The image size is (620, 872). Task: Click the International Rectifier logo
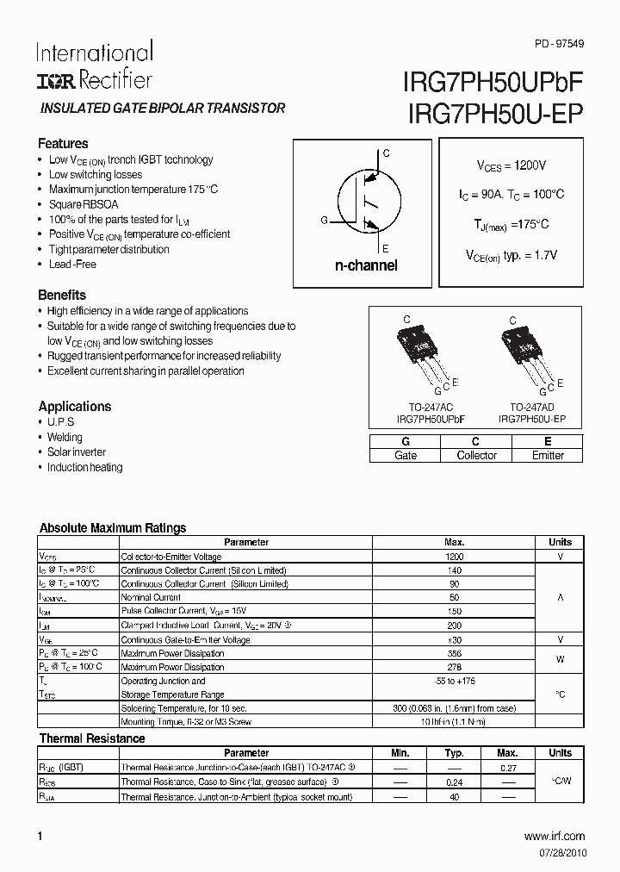point(94,65)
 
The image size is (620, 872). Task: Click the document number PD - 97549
point(558,43)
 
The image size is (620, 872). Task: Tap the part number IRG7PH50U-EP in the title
point(493,114)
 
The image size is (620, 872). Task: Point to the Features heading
point(63,144)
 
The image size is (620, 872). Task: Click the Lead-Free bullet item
point(72,265)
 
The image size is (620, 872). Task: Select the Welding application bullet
point(65,437)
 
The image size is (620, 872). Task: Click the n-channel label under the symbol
point(366,265)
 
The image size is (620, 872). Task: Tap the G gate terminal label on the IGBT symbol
point(324,221)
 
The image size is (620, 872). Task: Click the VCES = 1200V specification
point(512,165)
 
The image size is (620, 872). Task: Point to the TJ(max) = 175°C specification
point(512,225)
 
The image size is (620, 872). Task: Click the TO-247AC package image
point(421,353)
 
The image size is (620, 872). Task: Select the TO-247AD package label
point(531,407)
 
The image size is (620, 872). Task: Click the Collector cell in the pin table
point(476,455)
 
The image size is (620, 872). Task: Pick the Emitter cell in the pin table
point(548,455)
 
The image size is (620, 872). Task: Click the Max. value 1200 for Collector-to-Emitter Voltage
point(454,557)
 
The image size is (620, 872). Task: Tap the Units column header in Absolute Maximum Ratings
point(560,542)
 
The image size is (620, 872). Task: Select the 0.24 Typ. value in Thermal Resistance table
point(454,782)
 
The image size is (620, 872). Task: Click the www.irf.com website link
point(554,836)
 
